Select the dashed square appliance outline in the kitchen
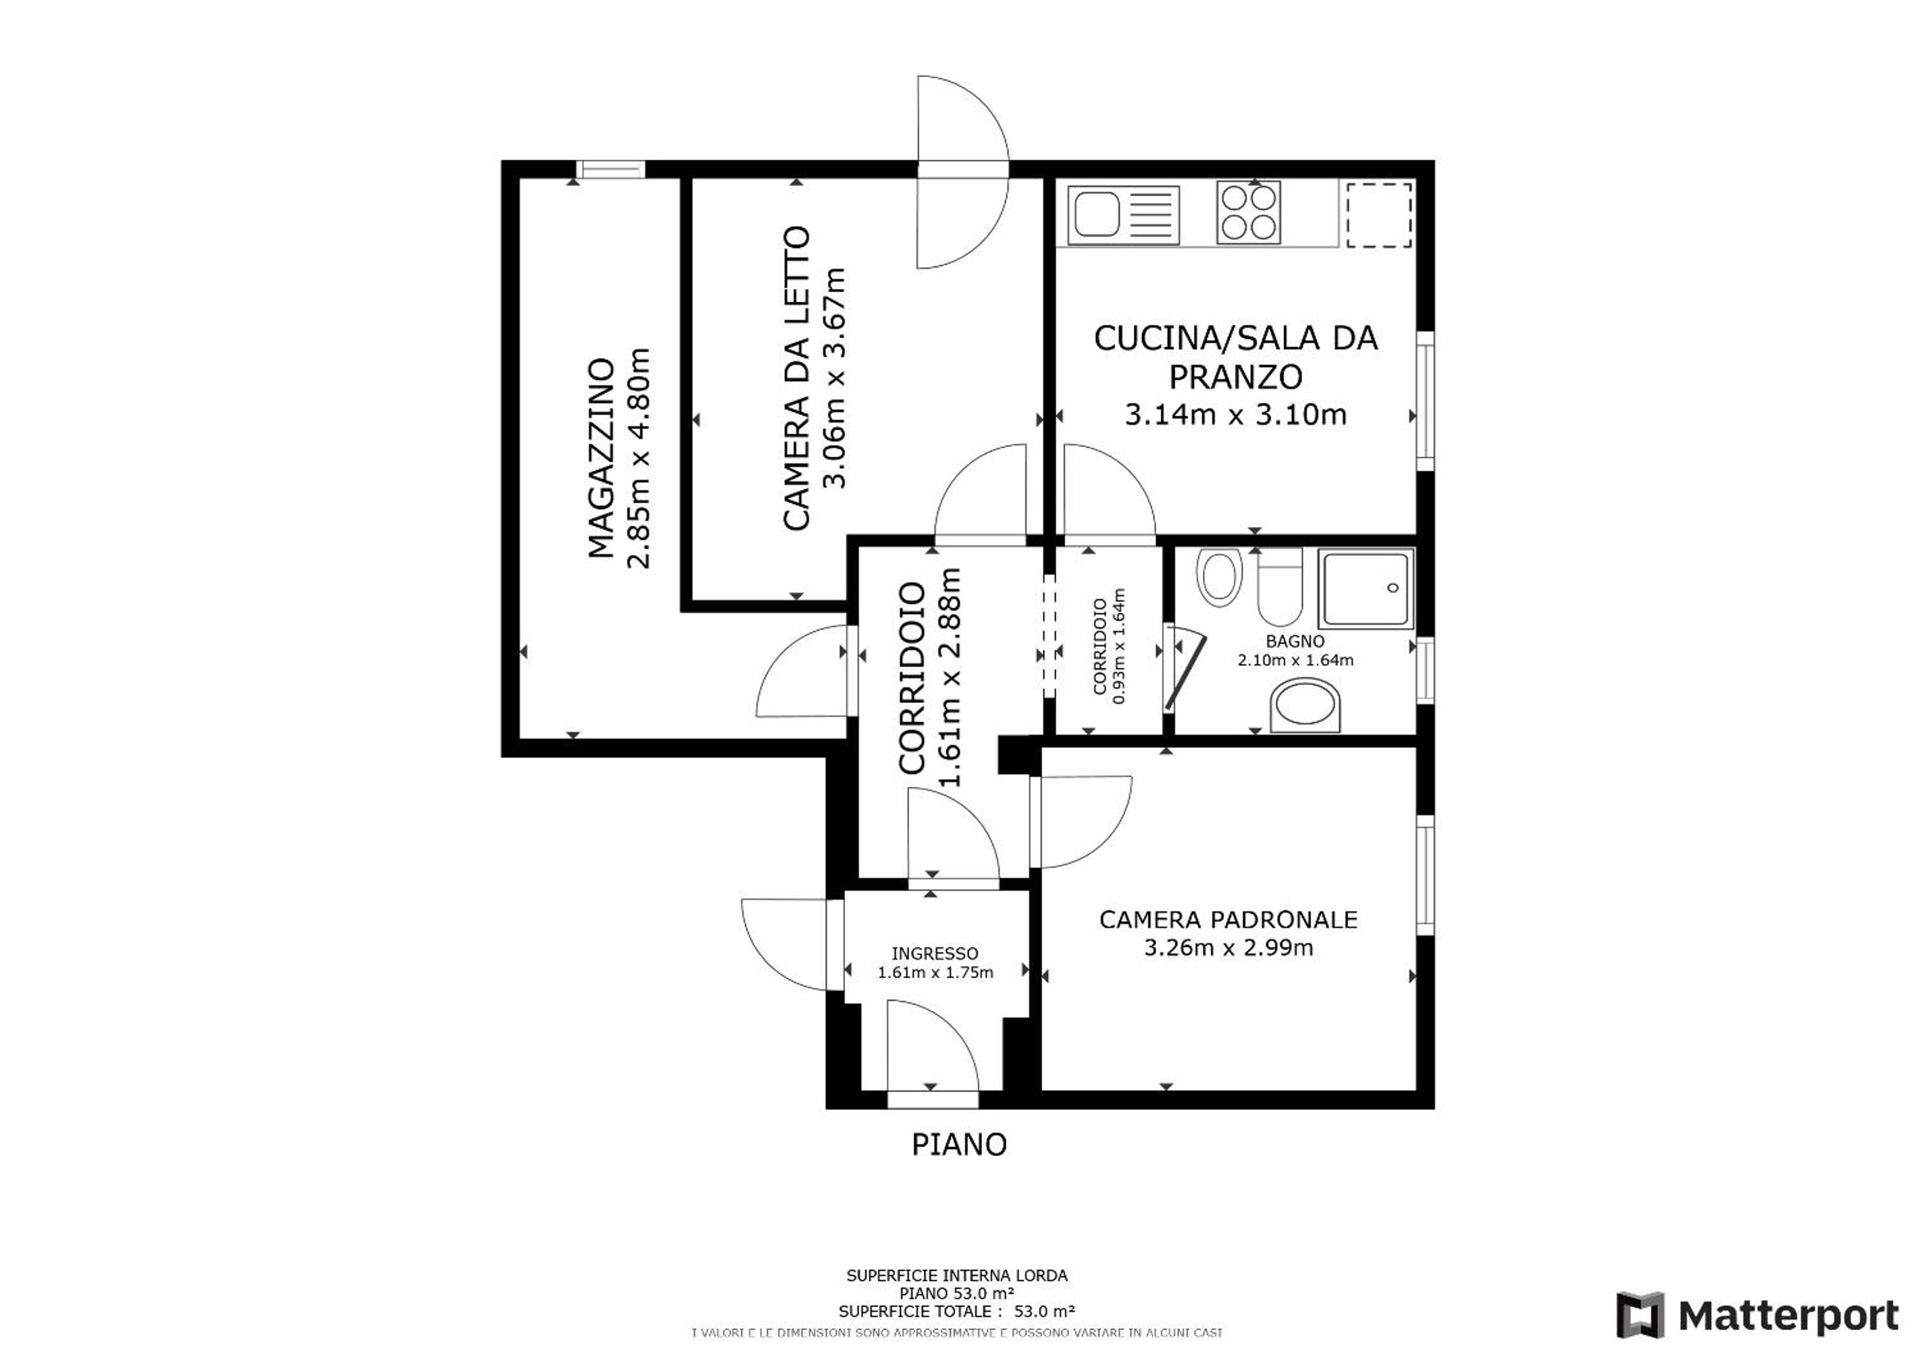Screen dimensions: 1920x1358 pyautogui.click(x=1377, y=216)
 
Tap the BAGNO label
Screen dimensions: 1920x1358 pyautogui.click(x=1295, y=641)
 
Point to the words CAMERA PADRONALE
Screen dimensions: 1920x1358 pyautogui.click(x=1228, y=920)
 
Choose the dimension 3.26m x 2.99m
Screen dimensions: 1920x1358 pyautogui.click(x=1228, y=948)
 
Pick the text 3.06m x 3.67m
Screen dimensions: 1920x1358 pyautogui.click(x=834, y=378)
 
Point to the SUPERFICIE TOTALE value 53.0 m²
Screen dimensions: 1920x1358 pyautogui.click(x=1045, y=1312)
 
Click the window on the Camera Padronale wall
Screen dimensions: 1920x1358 pyautogui.click(x=1425, y=875)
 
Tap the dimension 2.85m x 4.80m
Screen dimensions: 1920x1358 pyautogui.click(x=639, y=458)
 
